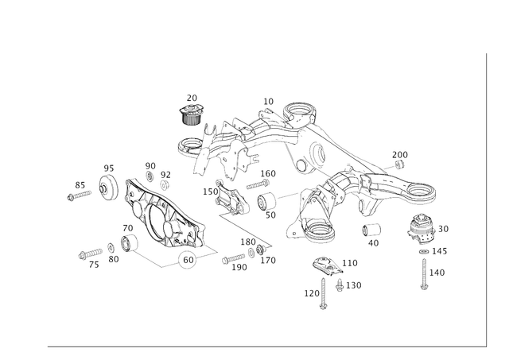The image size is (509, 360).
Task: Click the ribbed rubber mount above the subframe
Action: pyautogui.click(x=190, y=112)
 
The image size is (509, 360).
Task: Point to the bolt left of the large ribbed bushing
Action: pyautogui.click(x=79, y=192)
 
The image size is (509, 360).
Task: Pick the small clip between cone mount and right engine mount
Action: pyautogui.click(x=371, y=231)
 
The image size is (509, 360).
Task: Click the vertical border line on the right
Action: pyautogui.click(x=484, y=199)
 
